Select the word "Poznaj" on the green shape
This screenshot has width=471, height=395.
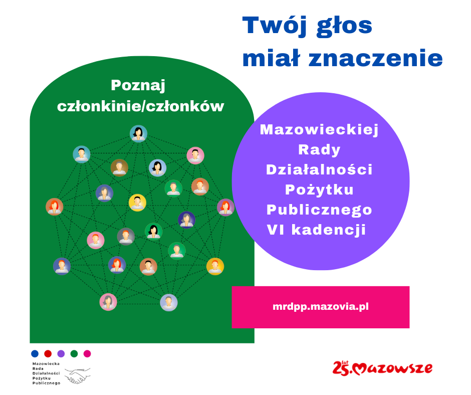pyautogui.click(x=138, y=85)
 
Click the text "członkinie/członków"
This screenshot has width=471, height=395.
pyautogui.click(x=141, y=106)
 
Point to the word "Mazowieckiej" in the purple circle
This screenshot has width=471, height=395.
pyautogui.click(x=319, y=130)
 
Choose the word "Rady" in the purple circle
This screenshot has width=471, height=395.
pyautogui.click(x=319, y=149)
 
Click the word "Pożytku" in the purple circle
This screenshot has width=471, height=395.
pyautogui.click(x=319, y=189)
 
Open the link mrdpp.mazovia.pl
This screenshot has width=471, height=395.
pyautogui.click(x=321, y=306)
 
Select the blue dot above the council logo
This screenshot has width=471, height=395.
pyautogui.click(x=35, y=353)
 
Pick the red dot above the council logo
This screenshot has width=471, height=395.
pyautogui.click(x=48, y=353)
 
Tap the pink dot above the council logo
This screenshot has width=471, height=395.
pyautogui.click(x=87, y=353)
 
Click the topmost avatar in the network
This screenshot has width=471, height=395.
pyautogui.click(x=138, y=134)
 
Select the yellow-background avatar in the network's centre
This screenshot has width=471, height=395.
pyautogui.click(x=137, y=203)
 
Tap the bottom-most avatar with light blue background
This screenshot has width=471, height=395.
pyautogui.click(x=169, y=302)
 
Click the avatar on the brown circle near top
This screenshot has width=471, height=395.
pyautogui.click(x=119, y=167)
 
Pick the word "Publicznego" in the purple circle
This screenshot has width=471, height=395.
pyautogui.click(x=319, y=210)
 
